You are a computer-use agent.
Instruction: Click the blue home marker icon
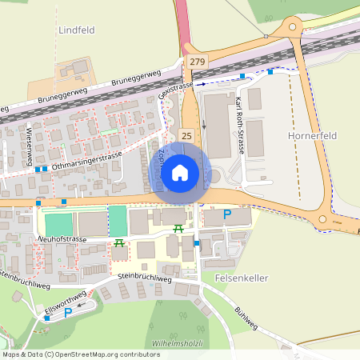point(180,173)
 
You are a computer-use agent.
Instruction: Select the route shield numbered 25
point(186,137)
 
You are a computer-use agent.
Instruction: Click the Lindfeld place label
point(76,30)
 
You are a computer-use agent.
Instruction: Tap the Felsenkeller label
point(241,278)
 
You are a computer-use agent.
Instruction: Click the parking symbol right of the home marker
point(226,214)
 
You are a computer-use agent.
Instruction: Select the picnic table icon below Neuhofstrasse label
point(119,243)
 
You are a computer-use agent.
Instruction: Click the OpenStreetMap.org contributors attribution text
point(104,354)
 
